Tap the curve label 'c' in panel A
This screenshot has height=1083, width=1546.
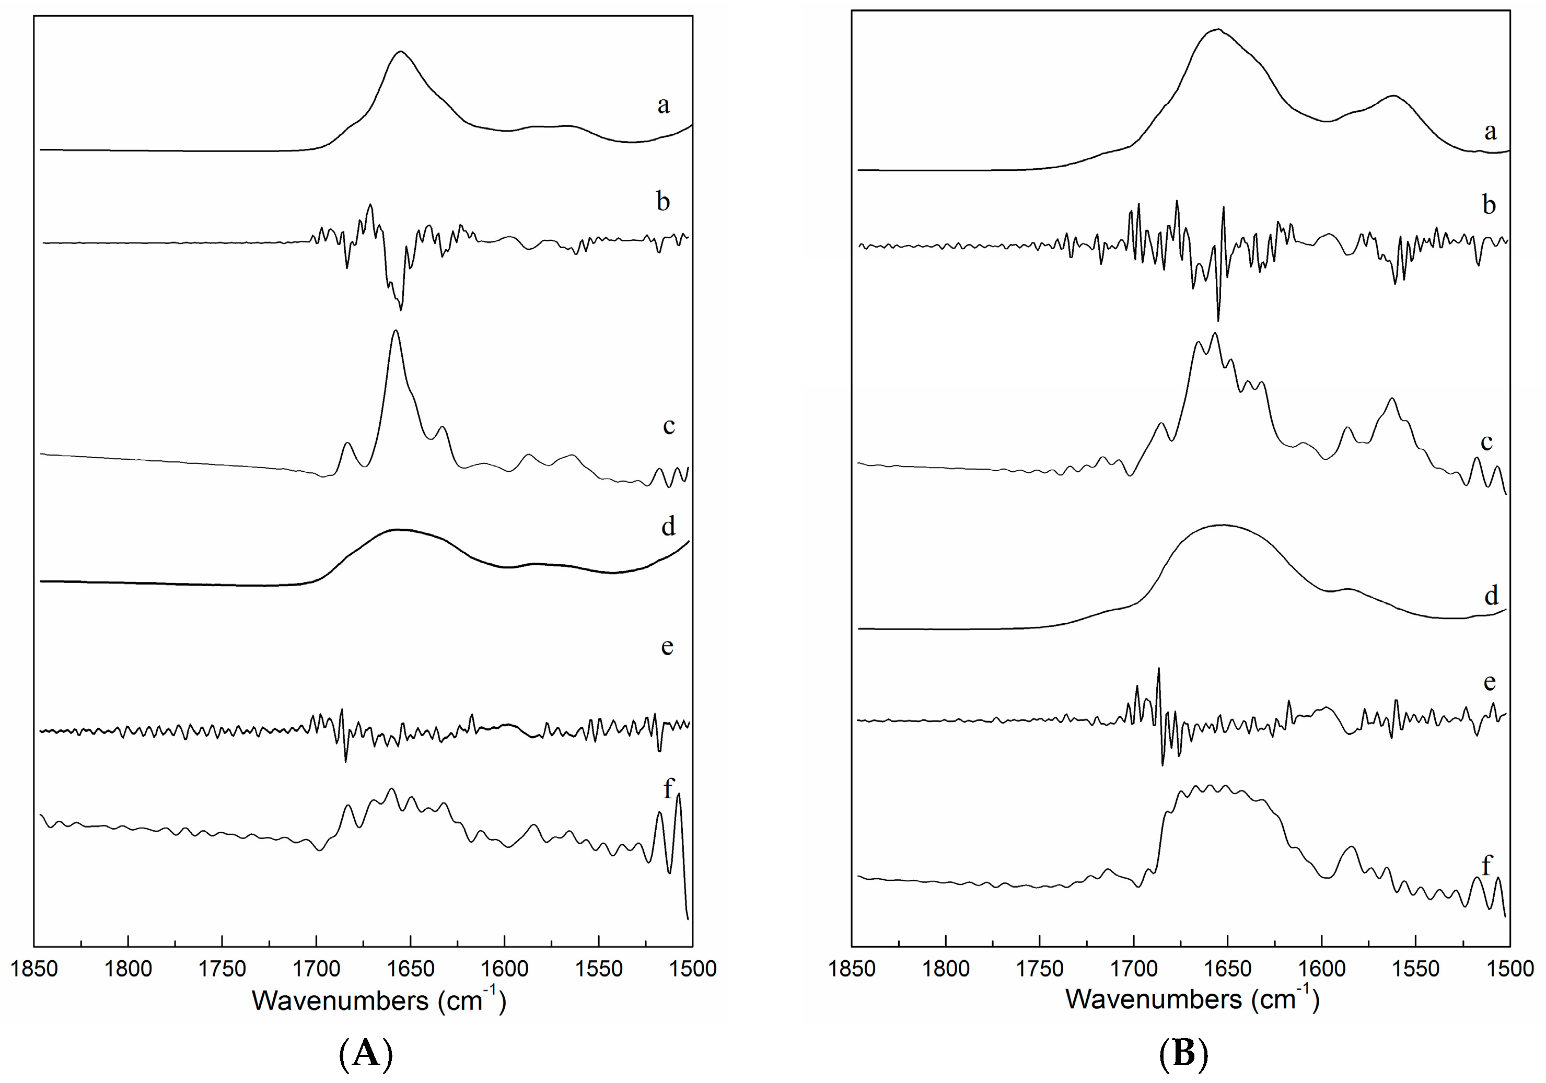click(x=669, y=426)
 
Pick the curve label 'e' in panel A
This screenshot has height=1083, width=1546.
click(x=667, y=646)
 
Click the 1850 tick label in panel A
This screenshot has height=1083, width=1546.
click(x=34, y=969)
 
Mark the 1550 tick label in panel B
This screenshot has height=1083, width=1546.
click(x=1415, y=969)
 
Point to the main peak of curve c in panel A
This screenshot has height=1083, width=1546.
click(x=396, y=331)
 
